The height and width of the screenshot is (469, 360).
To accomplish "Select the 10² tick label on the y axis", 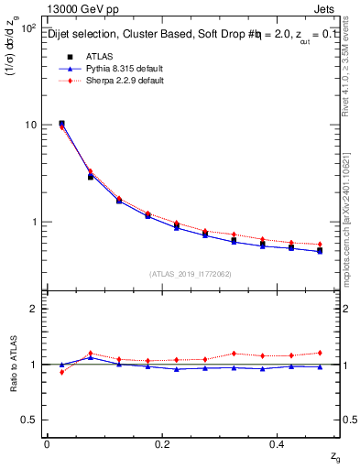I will pyautogui.click(x=28, y=27).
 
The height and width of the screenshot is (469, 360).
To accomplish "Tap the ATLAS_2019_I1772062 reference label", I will pyautogui.click(x=191, y=273).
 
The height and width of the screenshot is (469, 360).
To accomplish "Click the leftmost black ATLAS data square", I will pyautogui.click(x=61, y=123).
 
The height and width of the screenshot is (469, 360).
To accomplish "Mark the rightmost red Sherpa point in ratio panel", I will pyautogui.click(x=320, y=353).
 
